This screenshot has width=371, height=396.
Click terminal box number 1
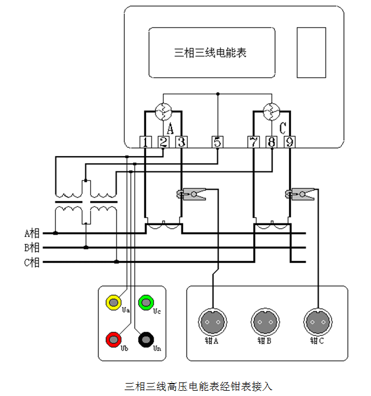coord(145,142)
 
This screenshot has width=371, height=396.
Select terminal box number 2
coord(164,142)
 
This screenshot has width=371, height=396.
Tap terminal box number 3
coord(181,142)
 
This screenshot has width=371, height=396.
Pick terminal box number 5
coord(217,142)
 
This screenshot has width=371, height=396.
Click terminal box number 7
coord(254,142)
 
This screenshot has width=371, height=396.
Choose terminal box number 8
coord(271,142)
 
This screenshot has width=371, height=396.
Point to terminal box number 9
coord(290,142)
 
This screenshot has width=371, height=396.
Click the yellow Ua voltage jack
coord(113,302)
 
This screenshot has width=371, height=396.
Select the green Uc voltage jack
coord(146,302)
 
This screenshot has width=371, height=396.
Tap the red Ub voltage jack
coord(113,339)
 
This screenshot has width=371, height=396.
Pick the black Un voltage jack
coord(146,339)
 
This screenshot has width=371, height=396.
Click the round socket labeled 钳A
coord(213,322)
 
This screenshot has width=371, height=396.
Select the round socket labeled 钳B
coord(265,322)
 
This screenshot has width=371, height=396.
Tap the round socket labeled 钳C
coord(318,322)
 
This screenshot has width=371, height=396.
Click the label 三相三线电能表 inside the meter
coord(210,53)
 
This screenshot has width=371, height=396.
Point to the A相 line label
coord(32,233)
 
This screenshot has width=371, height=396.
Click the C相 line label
coord(32,263)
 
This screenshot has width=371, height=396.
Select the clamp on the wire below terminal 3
coord(191,194)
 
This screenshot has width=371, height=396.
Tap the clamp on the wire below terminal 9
coord(300,194)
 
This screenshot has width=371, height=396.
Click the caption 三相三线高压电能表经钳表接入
coord(198,387)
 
